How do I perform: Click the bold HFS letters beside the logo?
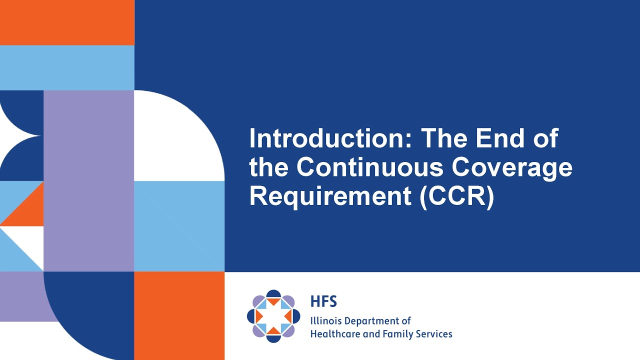coord(323,301)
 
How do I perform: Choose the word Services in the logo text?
coord(433,333)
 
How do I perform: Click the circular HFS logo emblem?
coord(273,316)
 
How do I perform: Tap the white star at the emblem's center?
coord(273,316)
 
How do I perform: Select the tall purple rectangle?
coord(88,180)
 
